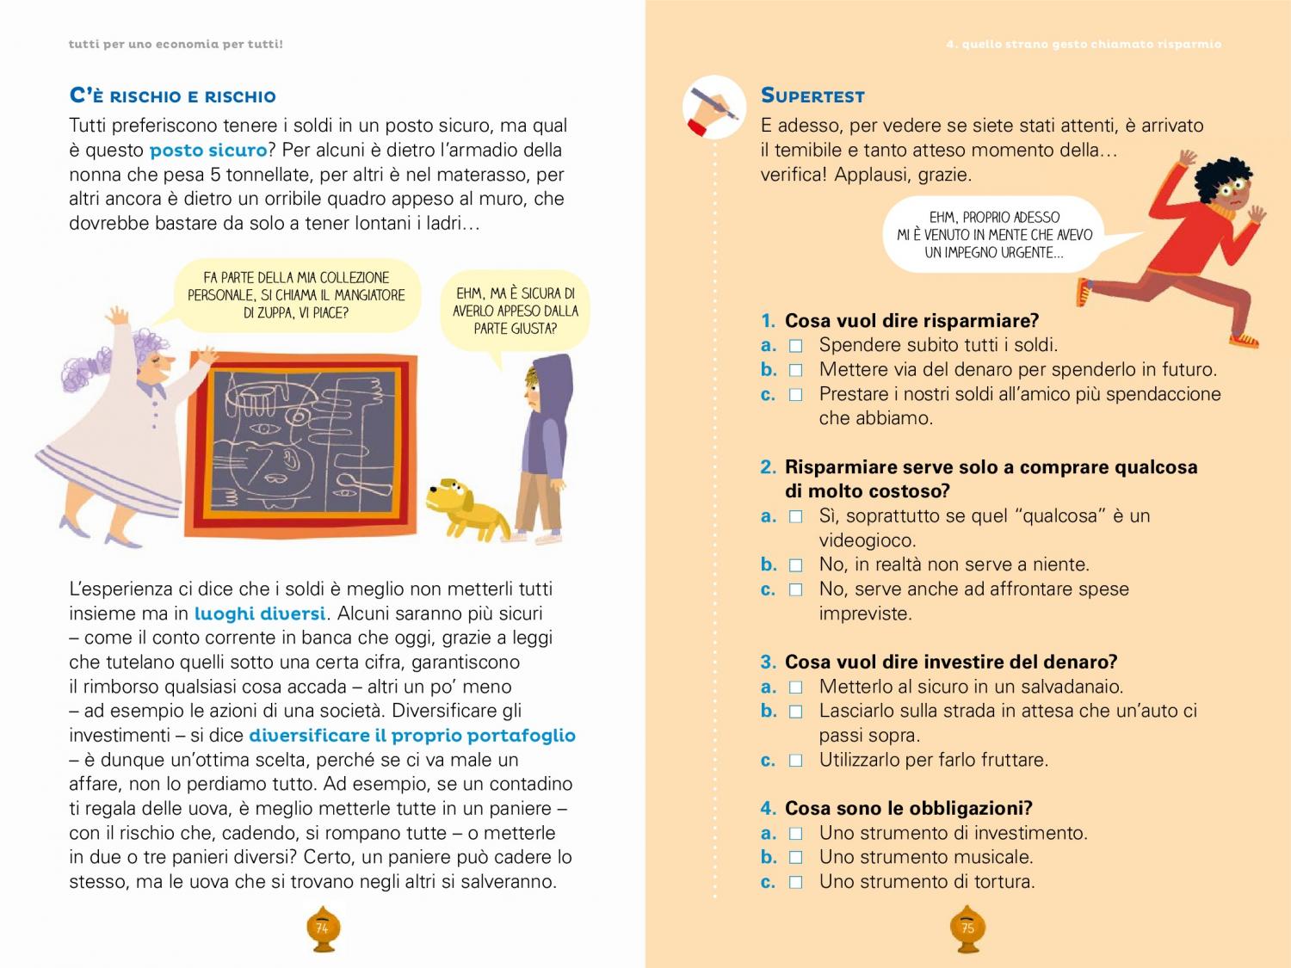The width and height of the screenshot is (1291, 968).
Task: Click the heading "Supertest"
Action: (812, 96)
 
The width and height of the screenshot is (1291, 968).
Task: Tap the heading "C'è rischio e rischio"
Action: (172, 96)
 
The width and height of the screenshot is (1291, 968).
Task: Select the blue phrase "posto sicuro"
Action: (208, 150)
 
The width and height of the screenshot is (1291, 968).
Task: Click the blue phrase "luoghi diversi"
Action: (260, 613)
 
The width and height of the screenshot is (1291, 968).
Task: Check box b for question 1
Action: (796, 370)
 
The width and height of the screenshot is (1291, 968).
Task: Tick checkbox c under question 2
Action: (796, 589)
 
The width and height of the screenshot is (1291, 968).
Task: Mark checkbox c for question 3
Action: (796, 761)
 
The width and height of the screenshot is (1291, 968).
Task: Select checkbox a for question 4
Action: (796, 833)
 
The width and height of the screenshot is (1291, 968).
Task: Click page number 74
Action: (322, 928)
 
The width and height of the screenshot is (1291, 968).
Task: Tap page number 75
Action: (967, 928)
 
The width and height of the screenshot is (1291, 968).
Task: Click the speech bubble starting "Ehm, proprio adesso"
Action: (994, 235)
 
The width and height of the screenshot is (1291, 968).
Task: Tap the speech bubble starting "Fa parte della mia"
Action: (296, 295)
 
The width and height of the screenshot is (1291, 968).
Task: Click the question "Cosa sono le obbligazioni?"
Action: (908, 808)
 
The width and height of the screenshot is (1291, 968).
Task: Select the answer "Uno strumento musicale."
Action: (925, 857)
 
